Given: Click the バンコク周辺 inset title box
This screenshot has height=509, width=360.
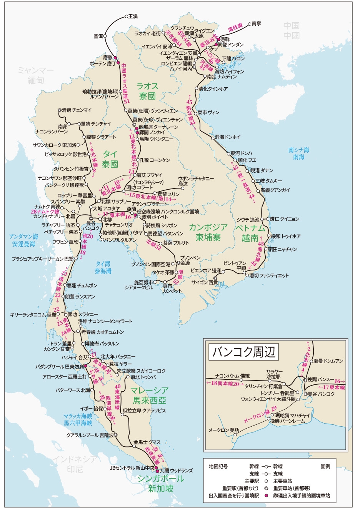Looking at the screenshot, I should point(244,351).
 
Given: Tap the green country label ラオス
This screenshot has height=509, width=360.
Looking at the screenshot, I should point(147,86).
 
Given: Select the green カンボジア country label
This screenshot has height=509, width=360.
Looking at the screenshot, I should point(208,227).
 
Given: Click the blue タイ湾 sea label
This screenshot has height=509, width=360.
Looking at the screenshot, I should point(103,264).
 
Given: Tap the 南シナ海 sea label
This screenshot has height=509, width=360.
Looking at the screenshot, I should point(298,150).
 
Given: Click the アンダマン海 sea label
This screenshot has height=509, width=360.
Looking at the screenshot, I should point(24,237).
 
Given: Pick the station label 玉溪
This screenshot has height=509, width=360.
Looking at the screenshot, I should point(133,17).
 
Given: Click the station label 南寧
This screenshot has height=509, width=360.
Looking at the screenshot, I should point(256,24).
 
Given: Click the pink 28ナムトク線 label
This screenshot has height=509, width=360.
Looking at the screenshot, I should point(45,212).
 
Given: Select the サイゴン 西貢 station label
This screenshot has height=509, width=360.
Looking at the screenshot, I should point(205,282).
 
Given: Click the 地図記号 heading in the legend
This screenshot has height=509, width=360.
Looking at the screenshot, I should point(218,466).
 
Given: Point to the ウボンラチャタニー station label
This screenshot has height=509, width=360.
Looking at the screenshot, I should point(196,179).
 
